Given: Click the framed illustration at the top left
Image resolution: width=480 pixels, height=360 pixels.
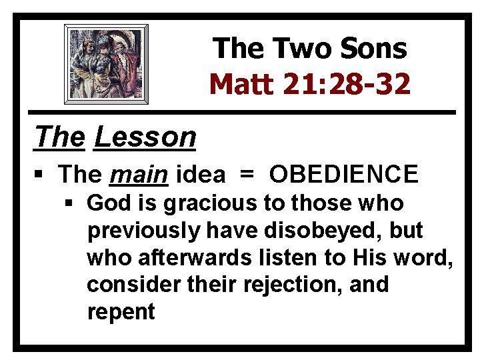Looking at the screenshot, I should tap(106, 63).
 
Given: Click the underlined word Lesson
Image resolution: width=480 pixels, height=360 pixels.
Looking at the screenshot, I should tap(145, 137).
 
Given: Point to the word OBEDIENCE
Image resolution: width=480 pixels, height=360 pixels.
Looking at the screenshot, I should tap(343, 175).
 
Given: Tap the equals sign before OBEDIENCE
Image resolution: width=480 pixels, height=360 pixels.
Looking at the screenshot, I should tap(247, 175).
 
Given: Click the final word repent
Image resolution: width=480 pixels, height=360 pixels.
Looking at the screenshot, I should tap(121, 312).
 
